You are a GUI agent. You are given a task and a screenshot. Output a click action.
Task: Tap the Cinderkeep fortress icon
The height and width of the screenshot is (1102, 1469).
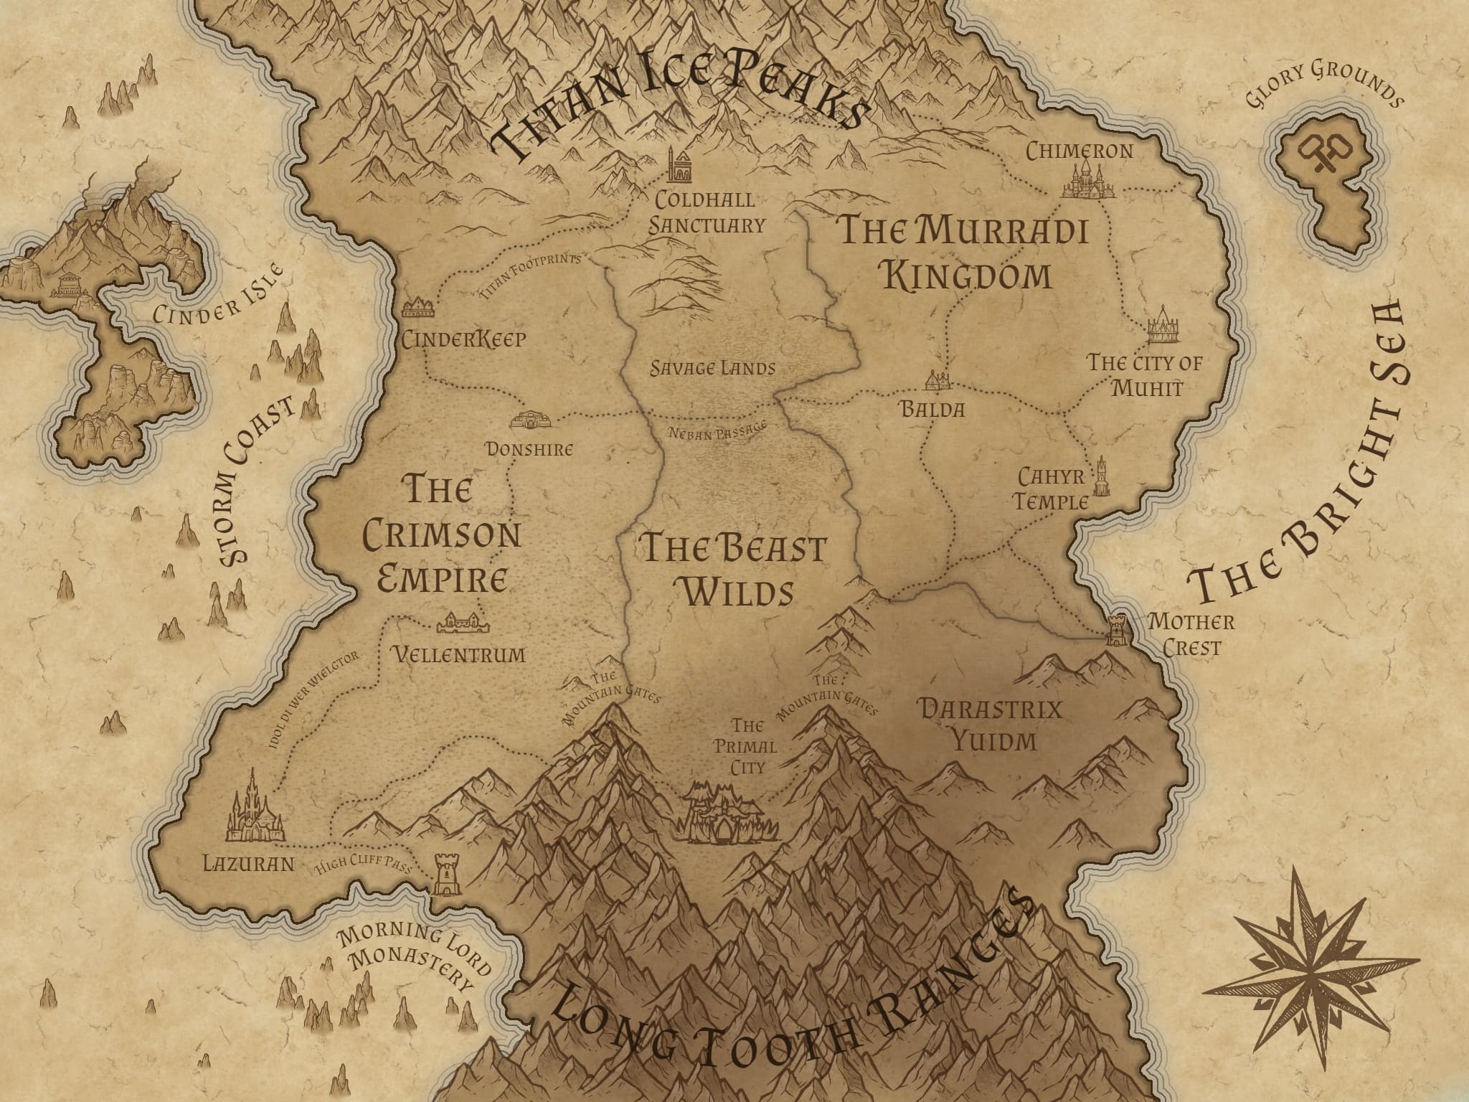click(x=419, y=309)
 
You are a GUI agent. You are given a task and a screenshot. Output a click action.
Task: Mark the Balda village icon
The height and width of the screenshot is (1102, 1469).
click(x=937, y=381)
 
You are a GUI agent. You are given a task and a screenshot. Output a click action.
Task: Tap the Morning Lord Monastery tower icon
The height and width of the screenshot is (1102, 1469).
click(x=445, y=875)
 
